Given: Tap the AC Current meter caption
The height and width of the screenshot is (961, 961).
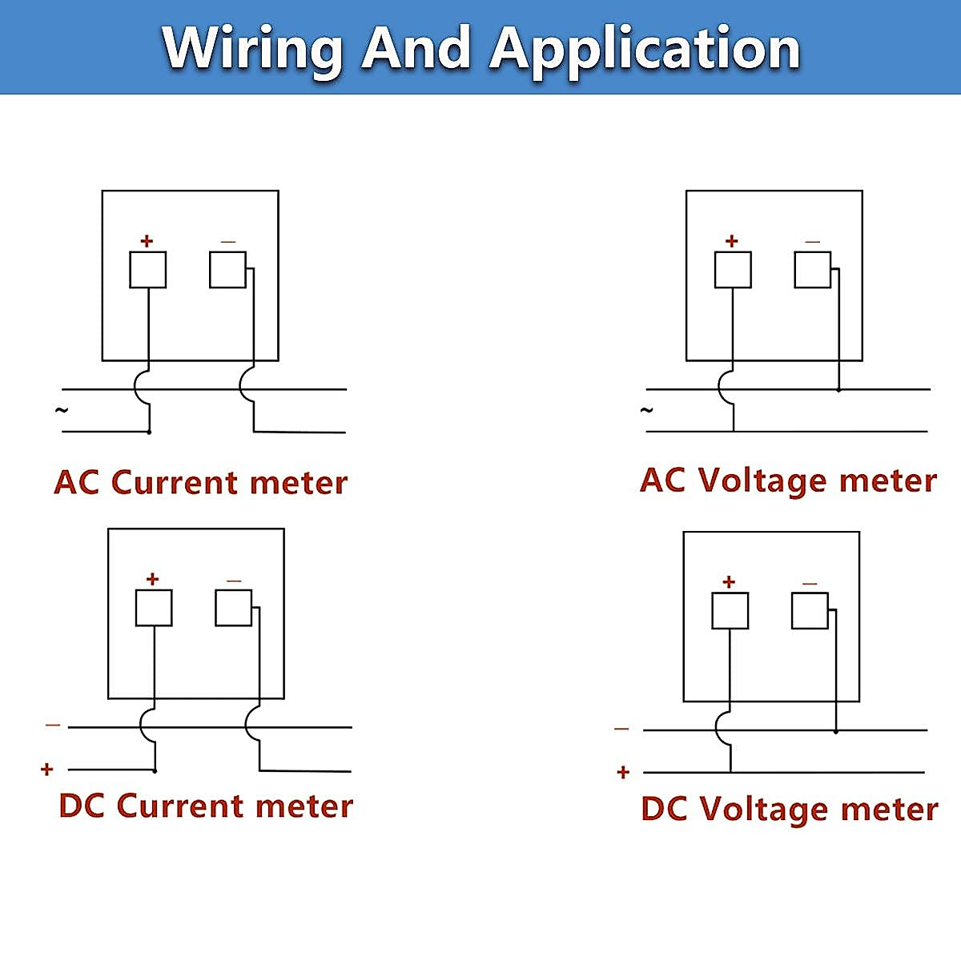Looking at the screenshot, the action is [x=200, y=482].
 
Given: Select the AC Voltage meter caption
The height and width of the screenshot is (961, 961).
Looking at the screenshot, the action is [x=788, y=481].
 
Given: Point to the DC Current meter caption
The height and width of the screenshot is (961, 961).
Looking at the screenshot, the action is [x=206, y=806].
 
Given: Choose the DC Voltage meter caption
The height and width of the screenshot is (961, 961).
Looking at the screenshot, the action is [x=790, y=809].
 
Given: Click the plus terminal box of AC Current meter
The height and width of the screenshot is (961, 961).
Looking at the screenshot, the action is [x=147, y=270].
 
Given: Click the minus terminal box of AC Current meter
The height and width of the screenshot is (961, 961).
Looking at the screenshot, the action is [x=228, y=270].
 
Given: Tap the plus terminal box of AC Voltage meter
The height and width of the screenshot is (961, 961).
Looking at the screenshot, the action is [x=733, y=270].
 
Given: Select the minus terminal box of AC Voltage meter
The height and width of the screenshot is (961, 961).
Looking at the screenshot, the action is [x=812, y=270].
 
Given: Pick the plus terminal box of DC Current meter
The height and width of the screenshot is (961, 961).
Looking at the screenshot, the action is [x=154, y=608].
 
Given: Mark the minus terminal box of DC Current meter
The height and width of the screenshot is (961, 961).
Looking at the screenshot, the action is [x=233, y=608].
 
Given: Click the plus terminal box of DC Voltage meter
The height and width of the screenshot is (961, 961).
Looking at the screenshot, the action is [x=730, y=610].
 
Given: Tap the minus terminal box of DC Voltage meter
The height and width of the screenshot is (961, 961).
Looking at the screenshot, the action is [x=810, y=610].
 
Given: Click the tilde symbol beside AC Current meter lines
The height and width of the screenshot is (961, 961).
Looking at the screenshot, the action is [x=61, y=411].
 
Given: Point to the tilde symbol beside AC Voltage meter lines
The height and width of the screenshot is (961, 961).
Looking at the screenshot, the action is [x=646, y=411].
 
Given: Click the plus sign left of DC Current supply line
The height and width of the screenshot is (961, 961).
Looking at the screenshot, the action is [x=47, y=769].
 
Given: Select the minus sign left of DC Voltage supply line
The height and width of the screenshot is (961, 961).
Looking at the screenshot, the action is [x=621, y=729].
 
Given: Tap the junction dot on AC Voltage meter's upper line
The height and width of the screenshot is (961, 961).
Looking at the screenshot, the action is [x=838, y=389].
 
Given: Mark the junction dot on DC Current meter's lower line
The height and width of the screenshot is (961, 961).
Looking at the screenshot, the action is [x=155, y=771].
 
